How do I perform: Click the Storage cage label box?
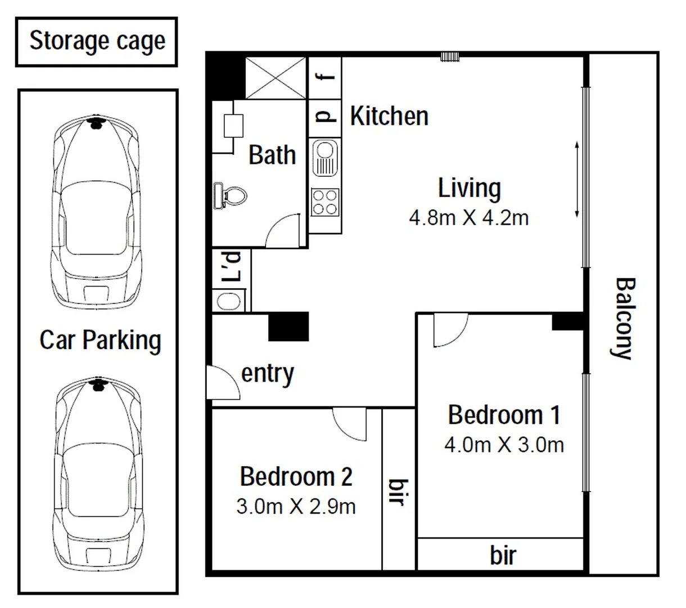(97, 42)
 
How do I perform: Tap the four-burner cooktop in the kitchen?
(325, 202)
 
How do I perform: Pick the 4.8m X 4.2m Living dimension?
(468, 217)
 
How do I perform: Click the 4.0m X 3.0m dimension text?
(504, 445)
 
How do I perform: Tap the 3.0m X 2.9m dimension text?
(296, 506)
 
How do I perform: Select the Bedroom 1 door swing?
(450, 331)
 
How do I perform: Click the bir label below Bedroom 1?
(503, 555)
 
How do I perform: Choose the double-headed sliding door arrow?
(576, 180)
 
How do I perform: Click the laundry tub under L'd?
(228, 301)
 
